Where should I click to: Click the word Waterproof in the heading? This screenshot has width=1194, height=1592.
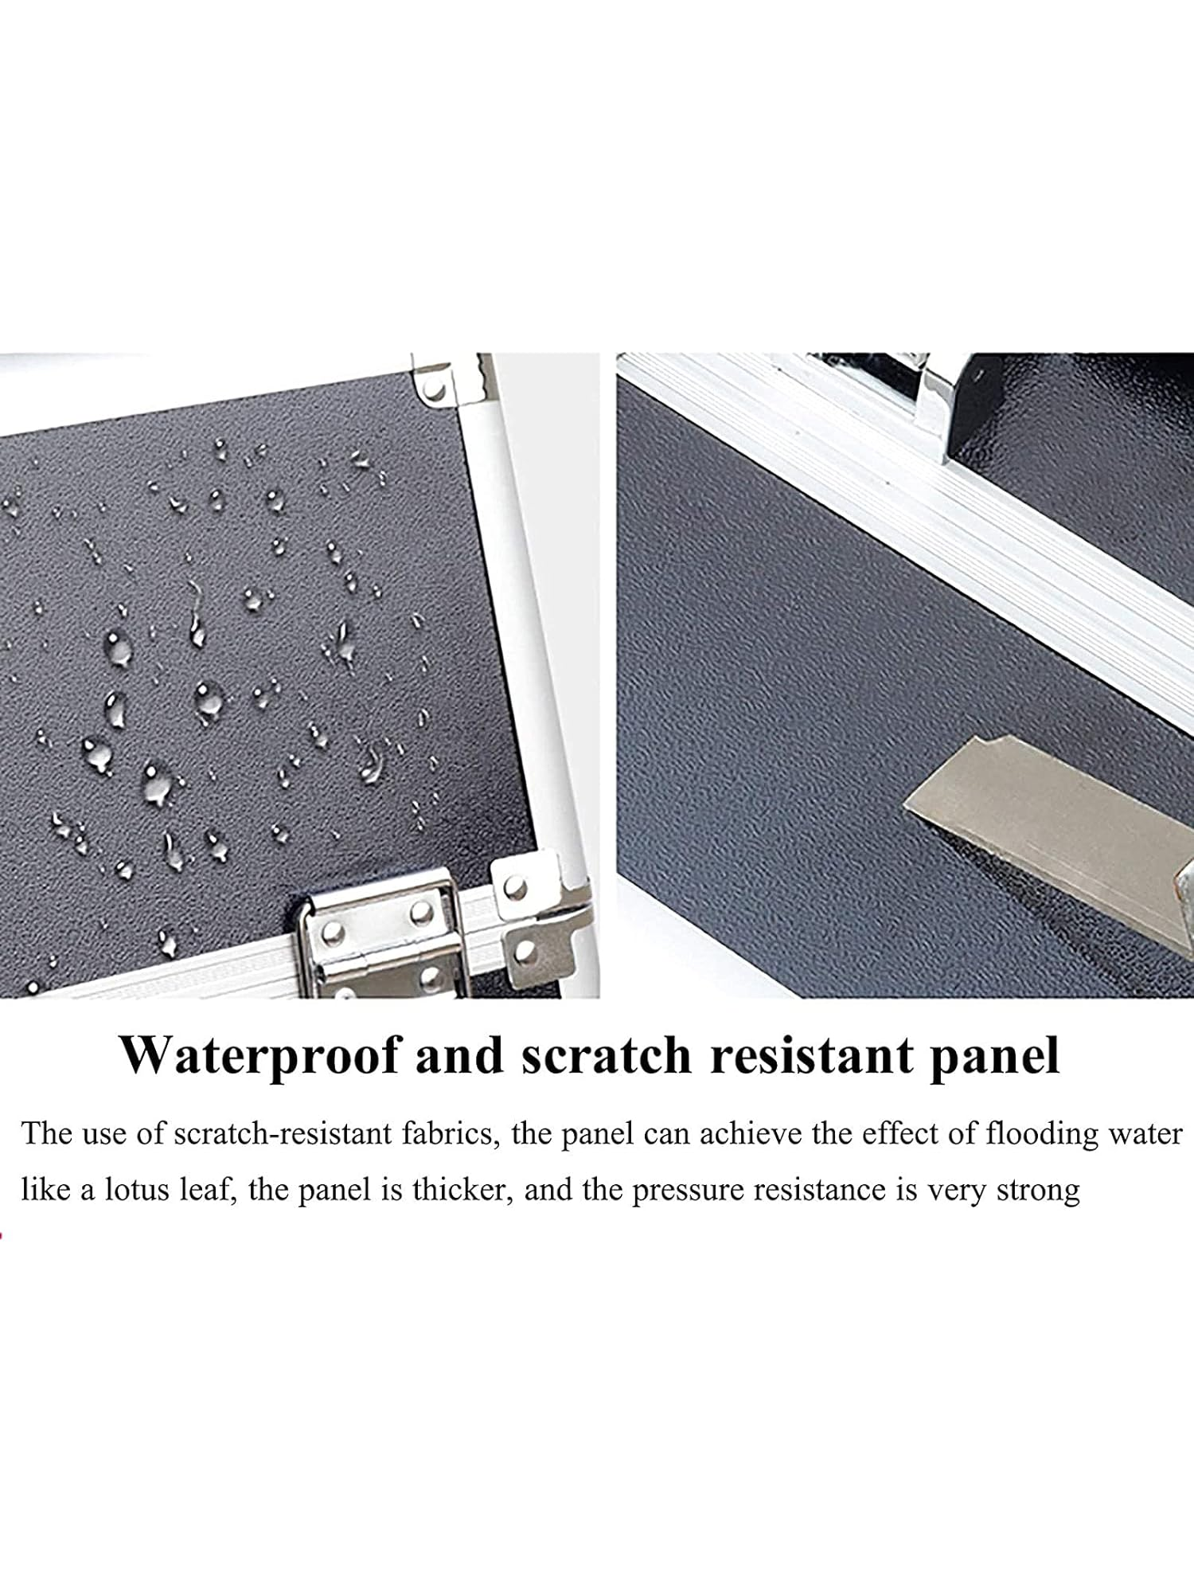(259, 1056)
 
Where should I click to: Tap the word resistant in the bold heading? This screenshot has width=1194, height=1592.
(811, 1055)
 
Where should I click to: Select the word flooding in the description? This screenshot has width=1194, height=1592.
(1036, 1134)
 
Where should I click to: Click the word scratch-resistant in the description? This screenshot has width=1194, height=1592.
(283, 1132)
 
